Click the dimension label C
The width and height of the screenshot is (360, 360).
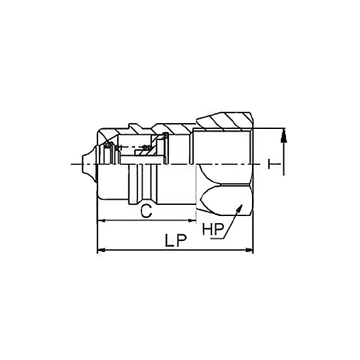pos(147,211)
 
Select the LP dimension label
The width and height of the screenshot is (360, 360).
pos(176,240)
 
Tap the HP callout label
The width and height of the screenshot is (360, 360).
pos(213,228)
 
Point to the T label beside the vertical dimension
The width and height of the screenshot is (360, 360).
pos(274,164)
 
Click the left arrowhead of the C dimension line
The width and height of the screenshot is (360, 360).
pos(101,221)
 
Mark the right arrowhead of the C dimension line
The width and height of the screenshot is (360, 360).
pos(192,221)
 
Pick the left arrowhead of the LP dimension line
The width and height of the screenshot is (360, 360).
pos(101,250)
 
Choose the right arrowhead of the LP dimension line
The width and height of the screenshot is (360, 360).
pos(249,250)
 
